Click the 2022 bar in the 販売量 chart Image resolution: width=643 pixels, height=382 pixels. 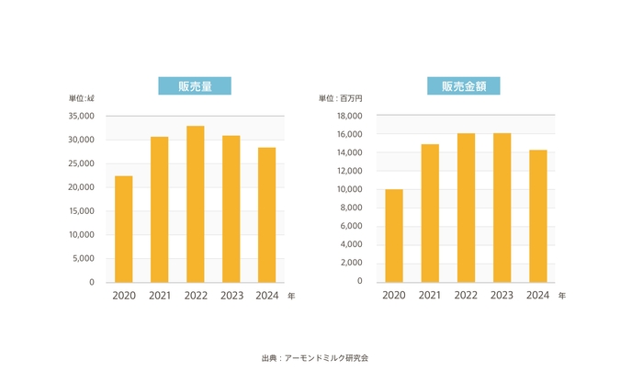click(195, 204)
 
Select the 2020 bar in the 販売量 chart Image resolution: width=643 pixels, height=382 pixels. click(123, 229)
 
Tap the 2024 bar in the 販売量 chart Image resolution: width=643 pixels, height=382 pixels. click(266, 215)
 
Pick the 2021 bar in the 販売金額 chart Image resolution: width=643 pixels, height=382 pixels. click(429, 213)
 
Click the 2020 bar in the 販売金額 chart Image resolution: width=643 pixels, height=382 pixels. click(393, 235)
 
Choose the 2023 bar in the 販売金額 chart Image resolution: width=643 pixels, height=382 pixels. click(502, 208)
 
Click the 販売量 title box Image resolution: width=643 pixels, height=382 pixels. click(195, 86)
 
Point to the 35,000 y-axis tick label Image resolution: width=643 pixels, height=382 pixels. click(81, 117)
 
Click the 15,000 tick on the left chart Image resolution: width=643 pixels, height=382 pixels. click(81, 211)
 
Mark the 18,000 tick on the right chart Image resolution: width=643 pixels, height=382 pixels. click(350, 117)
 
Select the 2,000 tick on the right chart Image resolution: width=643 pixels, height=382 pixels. click(353, 264)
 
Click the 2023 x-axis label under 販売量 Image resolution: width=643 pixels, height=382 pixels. click(231, 296)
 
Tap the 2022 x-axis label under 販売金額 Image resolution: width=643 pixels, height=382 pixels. click(466, 296)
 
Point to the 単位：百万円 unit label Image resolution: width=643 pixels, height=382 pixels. click(342, 98)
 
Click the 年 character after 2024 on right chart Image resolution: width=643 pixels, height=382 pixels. click(562, 296)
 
